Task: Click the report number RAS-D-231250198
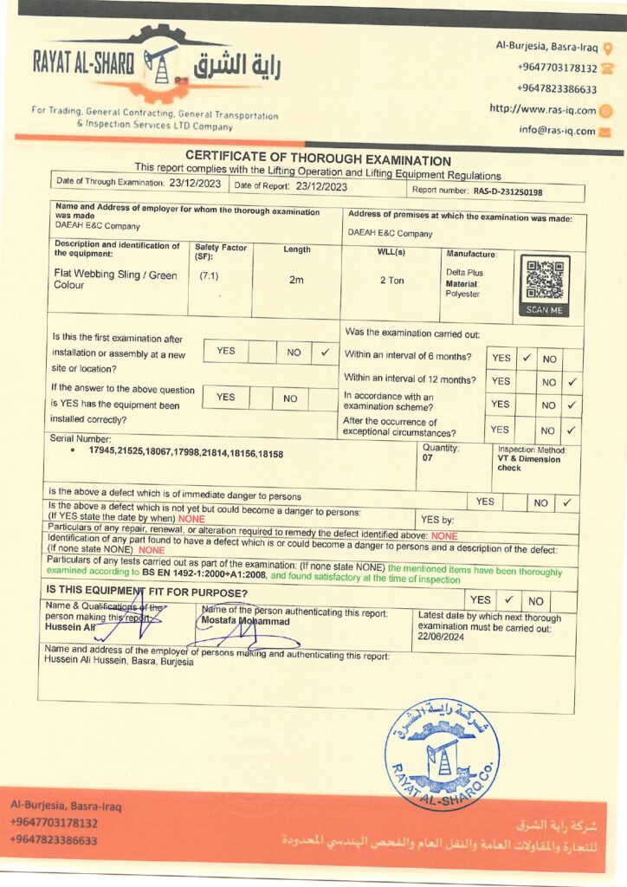click(x=507, y=191)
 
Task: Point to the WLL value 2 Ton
click(x=392, y=281)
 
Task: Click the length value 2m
click(x=296, y=280)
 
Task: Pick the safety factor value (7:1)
click(x=209, y=275)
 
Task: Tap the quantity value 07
click(x=428, y=457)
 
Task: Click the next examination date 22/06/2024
click(x=442, y=635)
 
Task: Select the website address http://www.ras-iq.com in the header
click(x=543, y=110)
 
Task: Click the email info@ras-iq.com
click(x=557, y=131)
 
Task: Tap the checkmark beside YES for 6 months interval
click(x=526, y=357)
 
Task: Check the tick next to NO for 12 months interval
click(x=572, y=381)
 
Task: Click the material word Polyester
click(x=462, y=295)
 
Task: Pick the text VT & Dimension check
click(x=529, y=463)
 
